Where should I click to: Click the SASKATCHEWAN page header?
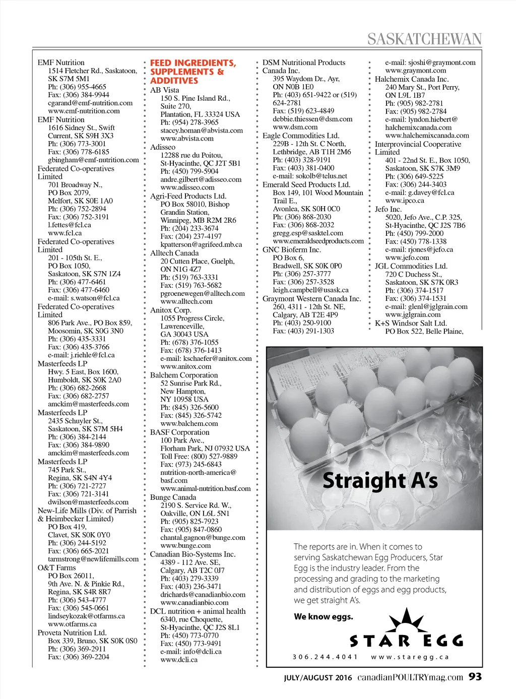click(x=424, y=39)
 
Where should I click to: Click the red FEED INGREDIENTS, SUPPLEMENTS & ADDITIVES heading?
click(x=192, y=72)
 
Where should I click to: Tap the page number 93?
click(x=475, y=677)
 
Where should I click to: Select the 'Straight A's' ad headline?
click(x=380, y=480)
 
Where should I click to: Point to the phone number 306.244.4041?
click(x=325, y=657)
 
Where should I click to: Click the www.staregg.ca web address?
click(x=410, y=657)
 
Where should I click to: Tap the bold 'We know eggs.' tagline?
click(x=324, y=616)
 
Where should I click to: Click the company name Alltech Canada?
click(x=174, y=253)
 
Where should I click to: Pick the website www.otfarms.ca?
click(x=72, y=624)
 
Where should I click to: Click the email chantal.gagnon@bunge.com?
click(x=203, y=537)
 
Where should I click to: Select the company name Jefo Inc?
click(x=388, y=209)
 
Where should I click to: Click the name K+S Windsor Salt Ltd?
click(x=411, y=323)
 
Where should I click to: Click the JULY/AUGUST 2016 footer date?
click(x=318, y=678)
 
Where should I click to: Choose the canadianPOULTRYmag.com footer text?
click(x=410, y=677)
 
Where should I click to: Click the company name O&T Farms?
click(x=56, y=567)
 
